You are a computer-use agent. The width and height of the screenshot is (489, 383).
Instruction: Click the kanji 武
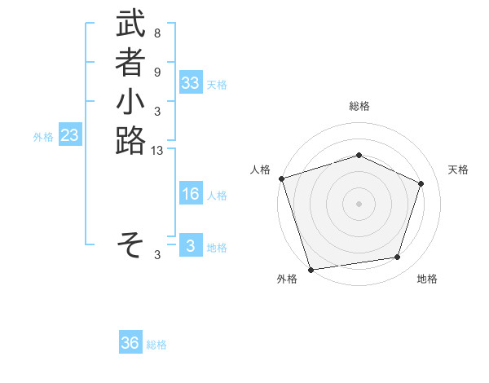point(130,25)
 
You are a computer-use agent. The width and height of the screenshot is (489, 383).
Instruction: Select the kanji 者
point(130,64)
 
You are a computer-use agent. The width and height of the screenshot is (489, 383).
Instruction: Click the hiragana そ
point(130,243)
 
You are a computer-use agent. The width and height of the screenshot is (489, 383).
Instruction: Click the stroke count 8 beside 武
point(157,34)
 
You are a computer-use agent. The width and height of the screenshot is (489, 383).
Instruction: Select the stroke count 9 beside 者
point(157,73)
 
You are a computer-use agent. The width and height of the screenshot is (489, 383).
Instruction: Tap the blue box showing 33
point(191,83)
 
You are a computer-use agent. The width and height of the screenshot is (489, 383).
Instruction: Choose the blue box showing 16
point(191,194)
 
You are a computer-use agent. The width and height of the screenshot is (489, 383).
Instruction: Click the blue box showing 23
point(69,136)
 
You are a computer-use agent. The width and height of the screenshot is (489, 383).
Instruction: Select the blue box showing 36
point(130,343)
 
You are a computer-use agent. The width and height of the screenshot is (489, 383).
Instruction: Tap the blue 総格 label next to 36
point(156,345)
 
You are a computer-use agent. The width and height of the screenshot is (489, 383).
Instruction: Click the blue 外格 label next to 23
point(43,138)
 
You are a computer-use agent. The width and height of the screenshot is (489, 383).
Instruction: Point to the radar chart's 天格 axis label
point(458,169)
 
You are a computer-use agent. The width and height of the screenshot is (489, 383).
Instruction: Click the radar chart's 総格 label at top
point(359,106)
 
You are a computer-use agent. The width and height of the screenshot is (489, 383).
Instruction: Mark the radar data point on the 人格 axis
point(281,178)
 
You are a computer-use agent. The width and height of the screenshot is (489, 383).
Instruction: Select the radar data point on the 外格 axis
point(311,269)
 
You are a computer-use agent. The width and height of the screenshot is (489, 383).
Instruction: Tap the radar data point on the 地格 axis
point(398,258)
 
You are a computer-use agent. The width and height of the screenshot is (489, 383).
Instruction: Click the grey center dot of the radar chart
point(359,203)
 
